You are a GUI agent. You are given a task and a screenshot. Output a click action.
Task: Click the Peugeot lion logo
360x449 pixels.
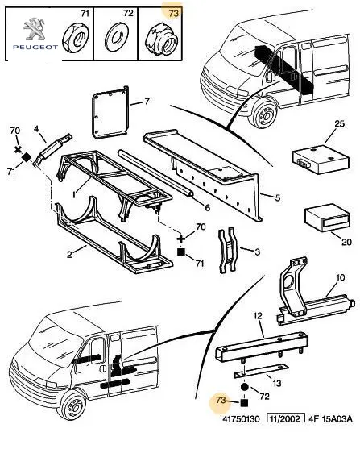pyautogui.click(x=34, y=29)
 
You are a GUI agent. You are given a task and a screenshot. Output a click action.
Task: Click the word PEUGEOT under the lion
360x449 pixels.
pyautogui.click(x=35, y=47)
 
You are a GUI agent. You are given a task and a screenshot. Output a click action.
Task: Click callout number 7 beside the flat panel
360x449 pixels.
pyautogui.click(x=147, y=102)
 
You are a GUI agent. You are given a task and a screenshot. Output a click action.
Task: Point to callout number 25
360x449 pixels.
pyautogui.click(x=339, y=124)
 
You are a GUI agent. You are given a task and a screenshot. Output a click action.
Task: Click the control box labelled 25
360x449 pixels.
pyautogui.click(x=321, y=158)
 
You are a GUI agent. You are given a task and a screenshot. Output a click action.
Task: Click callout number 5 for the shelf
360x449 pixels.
pyautogui.click(x=277, y=197)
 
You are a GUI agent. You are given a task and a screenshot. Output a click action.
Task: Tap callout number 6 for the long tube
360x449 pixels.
pyautogui.click(x=207, y=207)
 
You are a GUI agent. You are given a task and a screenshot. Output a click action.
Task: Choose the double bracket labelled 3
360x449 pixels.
pyautogui.click(x=227, y=250)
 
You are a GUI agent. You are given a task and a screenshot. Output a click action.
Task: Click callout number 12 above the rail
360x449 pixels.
pyautogui.click(x=258, y=316)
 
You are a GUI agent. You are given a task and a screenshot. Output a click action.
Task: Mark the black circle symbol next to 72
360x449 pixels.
pyautogui.click(x=244, y=387)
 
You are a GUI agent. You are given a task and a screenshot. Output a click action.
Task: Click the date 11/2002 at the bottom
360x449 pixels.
pyautogui.click(x=284, y=419)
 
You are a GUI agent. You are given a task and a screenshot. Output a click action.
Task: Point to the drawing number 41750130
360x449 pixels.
pyautogui.click(x=242, y=419)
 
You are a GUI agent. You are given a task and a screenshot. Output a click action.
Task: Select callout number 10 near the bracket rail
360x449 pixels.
pyautogui.click(x=340, y=277)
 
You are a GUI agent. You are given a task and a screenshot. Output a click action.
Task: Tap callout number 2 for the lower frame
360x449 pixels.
pyautogui.click(x=69, y=254)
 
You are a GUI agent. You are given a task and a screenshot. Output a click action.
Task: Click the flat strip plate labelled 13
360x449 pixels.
pyautogui.click(x=262, y=370)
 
